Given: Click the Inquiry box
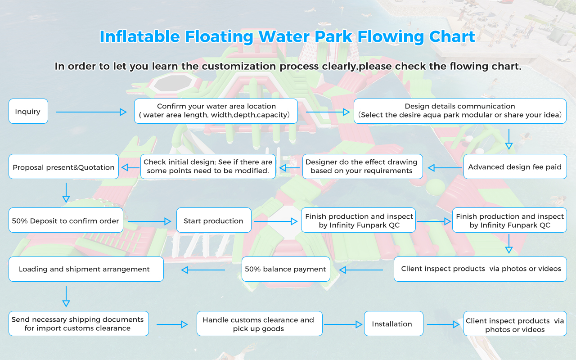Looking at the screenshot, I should coord(28,111).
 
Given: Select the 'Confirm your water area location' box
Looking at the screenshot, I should coord(216,111).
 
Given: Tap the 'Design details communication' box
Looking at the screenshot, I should coord(460,111).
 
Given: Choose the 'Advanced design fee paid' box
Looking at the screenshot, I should coord(515,167).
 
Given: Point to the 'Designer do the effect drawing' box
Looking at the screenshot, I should coord(361,166).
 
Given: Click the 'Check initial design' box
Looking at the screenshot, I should coord(208,166).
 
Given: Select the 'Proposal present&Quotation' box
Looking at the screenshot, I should coord(63,167).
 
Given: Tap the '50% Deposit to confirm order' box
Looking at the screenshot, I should coord(66,220).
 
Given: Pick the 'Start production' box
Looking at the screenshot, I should coord(214,220).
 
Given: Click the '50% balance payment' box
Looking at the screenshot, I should coord(286,269).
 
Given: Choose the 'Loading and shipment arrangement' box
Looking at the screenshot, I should coord(86,269).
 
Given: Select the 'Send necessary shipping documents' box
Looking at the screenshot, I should coord(78,324).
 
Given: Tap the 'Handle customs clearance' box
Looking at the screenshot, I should coord(259,324).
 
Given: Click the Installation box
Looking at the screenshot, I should coord(393,324).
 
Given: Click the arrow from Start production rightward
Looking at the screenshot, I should coord(276,221).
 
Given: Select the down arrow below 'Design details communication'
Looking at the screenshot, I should coord(509,139).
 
